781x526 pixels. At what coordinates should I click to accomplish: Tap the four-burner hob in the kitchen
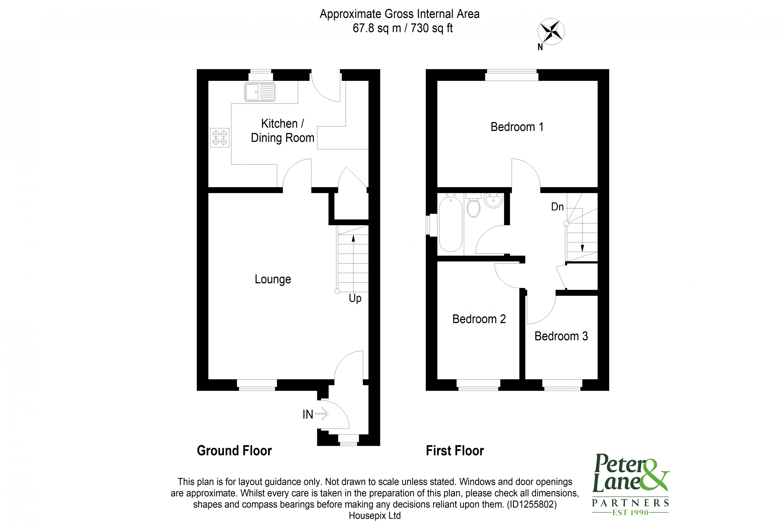219,137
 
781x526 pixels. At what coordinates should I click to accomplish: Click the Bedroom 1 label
517,127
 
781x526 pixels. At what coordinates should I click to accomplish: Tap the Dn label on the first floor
557,207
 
